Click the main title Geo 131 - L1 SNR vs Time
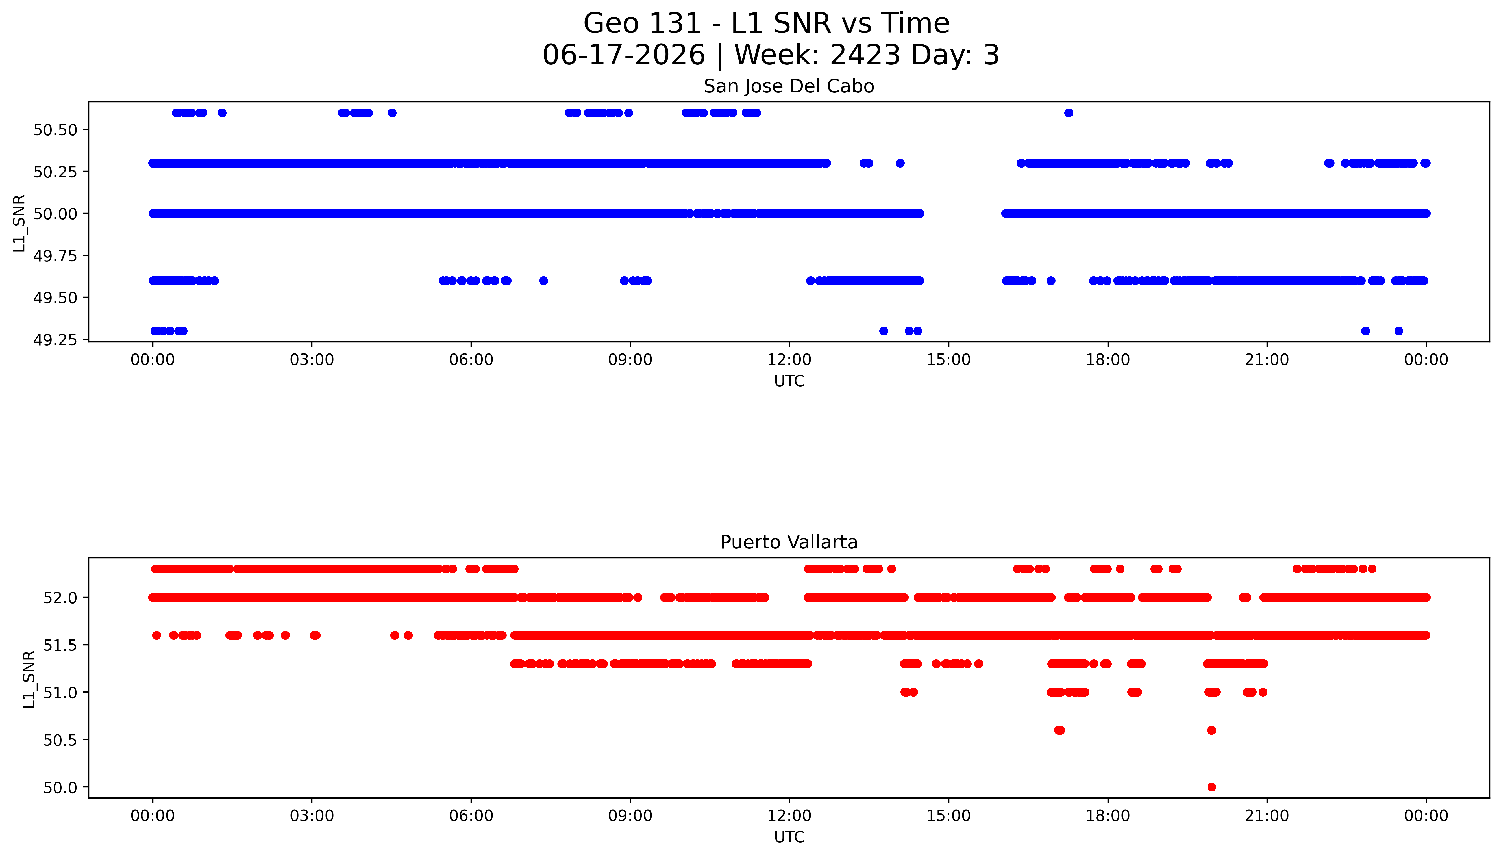point(766,23)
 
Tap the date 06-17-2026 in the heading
point(624,55)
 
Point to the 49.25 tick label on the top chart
point(55,340)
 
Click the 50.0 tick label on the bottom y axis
point(60,787)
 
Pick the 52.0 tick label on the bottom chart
point(60,598)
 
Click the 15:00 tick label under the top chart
point(949,360)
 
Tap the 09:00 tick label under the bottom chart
point(630,816)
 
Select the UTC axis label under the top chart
point(789,381)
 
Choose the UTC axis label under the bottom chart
point(789,837)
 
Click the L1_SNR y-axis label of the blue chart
point(19,224)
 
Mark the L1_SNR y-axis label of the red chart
point(29,679)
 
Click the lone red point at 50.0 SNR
point(1211,787)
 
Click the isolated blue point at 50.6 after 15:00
point(1069,113)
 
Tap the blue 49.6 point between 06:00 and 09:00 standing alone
point(544,281)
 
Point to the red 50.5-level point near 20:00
point(1211,730)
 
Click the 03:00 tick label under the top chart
point(312,360)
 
